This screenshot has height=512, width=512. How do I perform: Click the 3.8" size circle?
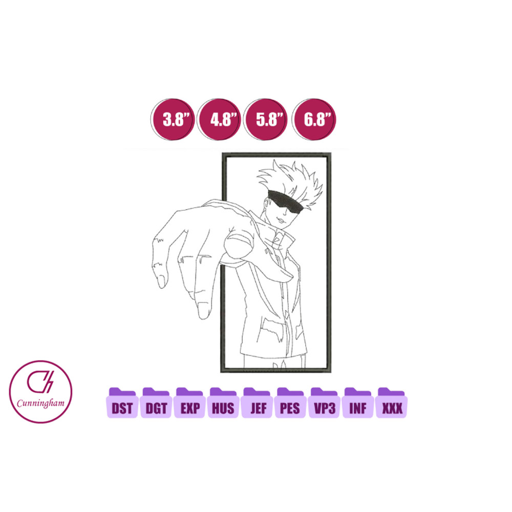point(173,119)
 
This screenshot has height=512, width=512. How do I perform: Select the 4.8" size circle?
point(219,119)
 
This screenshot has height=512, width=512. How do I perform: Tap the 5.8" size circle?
point(265,119)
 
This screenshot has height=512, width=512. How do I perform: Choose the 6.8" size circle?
point(314,119)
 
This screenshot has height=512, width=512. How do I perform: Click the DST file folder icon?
point(122,402)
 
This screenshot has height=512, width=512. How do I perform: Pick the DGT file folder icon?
point(156,402)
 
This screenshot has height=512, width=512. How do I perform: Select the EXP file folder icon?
point(190,402)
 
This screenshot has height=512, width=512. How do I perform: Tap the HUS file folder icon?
point(223,402)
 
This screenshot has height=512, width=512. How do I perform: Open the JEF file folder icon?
point(257,402)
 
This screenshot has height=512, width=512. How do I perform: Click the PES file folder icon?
point(291,402)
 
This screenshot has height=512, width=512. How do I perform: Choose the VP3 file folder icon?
point(324,402)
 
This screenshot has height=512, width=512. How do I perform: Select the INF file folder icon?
point(358,402)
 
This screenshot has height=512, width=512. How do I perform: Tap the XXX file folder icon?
point(392,402)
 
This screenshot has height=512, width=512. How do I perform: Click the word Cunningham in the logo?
point(40,403)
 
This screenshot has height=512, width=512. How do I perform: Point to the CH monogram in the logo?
point(40,382)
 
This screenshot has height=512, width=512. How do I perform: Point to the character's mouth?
point(280,220)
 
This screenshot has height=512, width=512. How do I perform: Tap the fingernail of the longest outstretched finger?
point(203,311)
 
